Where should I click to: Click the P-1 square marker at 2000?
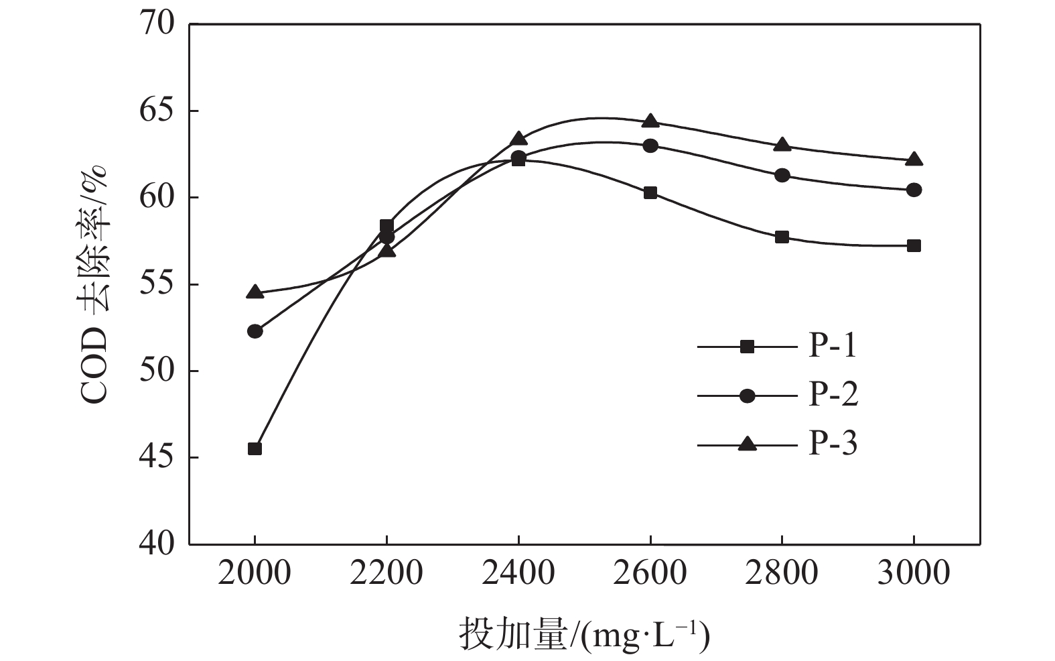click(x=255, y=448)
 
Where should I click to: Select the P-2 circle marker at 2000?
click(x=255, y=330)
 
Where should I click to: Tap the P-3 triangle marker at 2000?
click(x=255, y=292)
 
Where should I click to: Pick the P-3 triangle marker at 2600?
click(x=650, y=121)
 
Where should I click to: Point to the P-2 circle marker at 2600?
click(x=650, y=145)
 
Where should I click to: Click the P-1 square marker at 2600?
click(x=650, y=193)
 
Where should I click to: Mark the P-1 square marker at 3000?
click(x=914, y=246)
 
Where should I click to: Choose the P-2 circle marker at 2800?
click(x=782, y=175)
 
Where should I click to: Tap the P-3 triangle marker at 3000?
click(x=914, y=160)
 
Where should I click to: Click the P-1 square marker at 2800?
click(x=782, y=237)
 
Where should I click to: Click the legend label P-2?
click(x=833, y=395)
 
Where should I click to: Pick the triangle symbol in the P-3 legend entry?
click(x=747, y=444)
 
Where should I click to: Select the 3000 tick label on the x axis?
click(x=914, y=574)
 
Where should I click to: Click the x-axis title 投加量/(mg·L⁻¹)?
click(x=583, y=635)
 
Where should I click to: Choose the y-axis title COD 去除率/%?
click(x=94, y=284)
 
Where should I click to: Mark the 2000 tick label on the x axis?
click(x=255, y=574)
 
